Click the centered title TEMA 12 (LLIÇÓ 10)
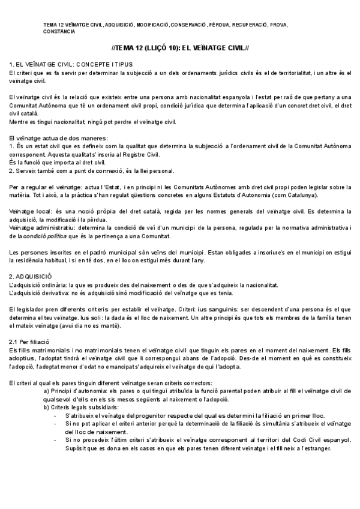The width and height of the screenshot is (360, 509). [180, 47]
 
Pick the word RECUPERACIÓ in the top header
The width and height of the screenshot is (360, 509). [251, 25]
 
